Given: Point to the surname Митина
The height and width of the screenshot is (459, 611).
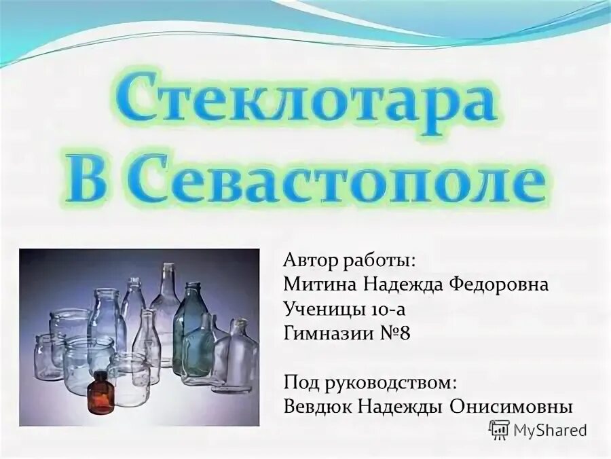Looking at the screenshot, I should pyautogui.click(x=314, y=284).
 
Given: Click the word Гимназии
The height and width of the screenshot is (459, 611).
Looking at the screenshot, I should pyautogui.click(x=324, y=333).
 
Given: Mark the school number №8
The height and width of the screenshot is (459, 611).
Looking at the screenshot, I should pyautogui.click(x=394, y=333).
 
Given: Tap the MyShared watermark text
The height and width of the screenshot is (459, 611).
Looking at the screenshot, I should pyautogui.click(x=549, y=430).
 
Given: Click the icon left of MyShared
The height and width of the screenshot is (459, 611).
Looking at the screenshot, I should pyautogui.click(x=499, y=429).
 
